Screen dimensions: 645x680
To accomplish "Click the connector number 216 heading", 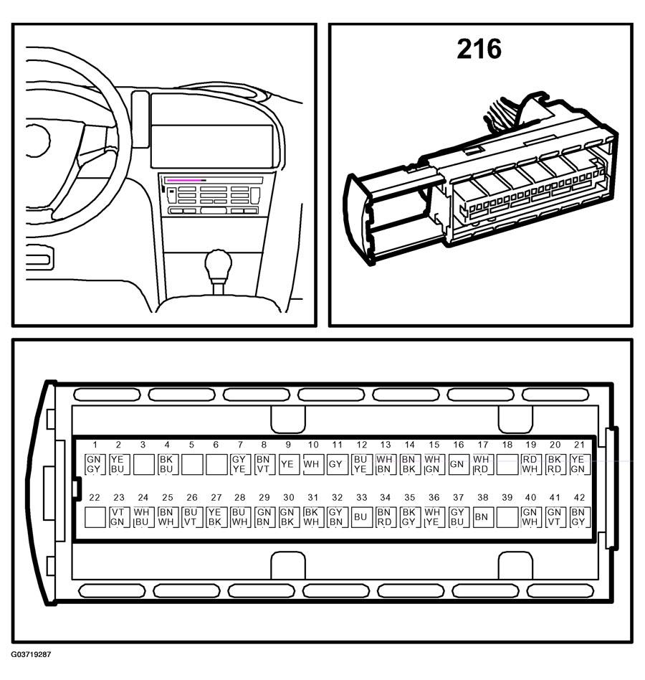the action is click(x=479, y=49).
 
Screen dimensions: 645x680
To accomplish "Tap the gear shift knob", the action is click(x=218, y=264).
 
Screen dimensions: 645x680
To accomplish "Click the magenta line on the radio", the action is click(x=184, y=180).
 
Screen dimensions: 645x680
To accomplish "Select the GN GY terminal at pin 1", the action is click(x=94, y=464).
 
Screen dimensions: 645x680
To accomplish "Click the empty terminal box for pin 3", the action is click(x=143, y=464).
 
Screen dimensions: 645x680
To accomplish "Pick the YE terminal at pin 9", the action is click(x=288, y=464).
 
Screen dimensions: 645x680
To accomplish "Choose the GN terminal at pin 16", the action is click(x=457, y=464).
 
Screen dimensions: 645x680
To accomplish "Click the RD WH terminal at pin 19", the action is click(x=530, y=464).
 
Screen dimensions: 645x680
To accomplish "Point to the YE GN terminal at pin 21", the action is click(x=578, y=464).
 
